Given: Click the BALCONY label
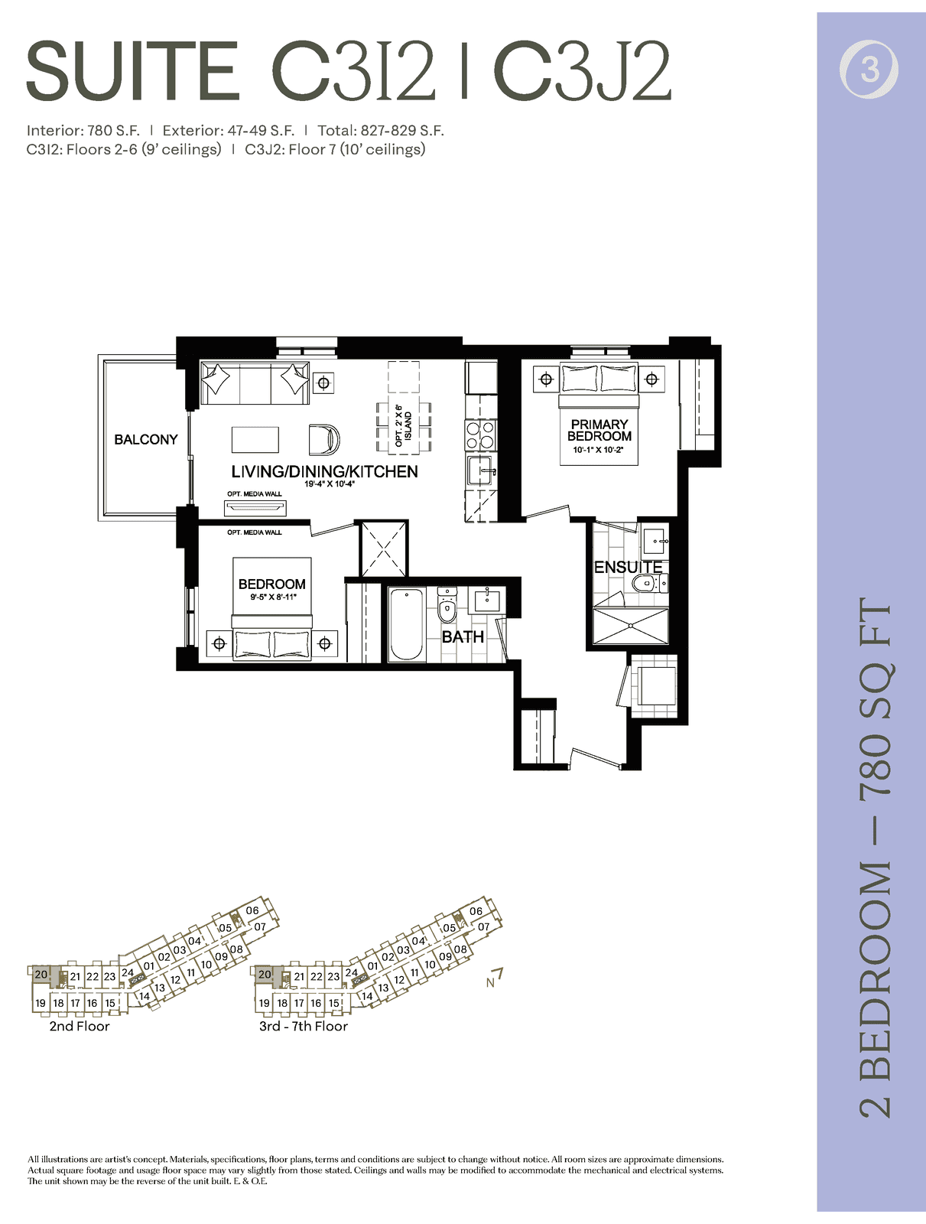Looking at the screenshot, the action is coord(145,439).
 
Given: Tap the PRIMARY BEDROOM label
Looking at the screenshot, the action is coord(599,430).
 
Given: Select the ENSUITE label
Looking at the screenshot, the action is coord(628,567).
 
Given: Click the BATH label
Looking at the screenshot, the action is coord(463,636).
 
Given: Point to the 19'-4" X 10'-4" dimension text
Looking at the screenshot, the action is coord(330,484).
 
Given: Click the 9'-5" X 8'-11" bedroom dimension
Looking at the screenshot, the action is coord(273,597).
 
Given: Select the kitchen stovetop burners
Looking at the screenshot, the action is coord(480,435).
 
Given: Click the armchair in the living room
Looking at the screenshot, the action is coord(324,439).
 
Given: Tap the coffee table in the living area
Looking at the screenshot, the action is coord(255,440).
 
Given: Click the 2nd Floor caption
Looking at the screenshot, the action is coord(79,1026).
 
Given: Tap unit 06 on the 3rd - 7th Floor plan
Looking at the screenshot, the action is coord(476,911).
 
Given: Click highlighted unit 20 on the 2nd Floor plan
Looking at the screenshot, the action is coord(41,975).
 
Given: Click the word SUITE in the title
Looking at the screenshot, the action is coord(132,72).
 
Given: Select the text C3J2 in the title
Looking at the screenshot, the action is coord(582,72).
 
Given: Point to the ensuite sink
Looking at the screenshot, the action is coord(654,541).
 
